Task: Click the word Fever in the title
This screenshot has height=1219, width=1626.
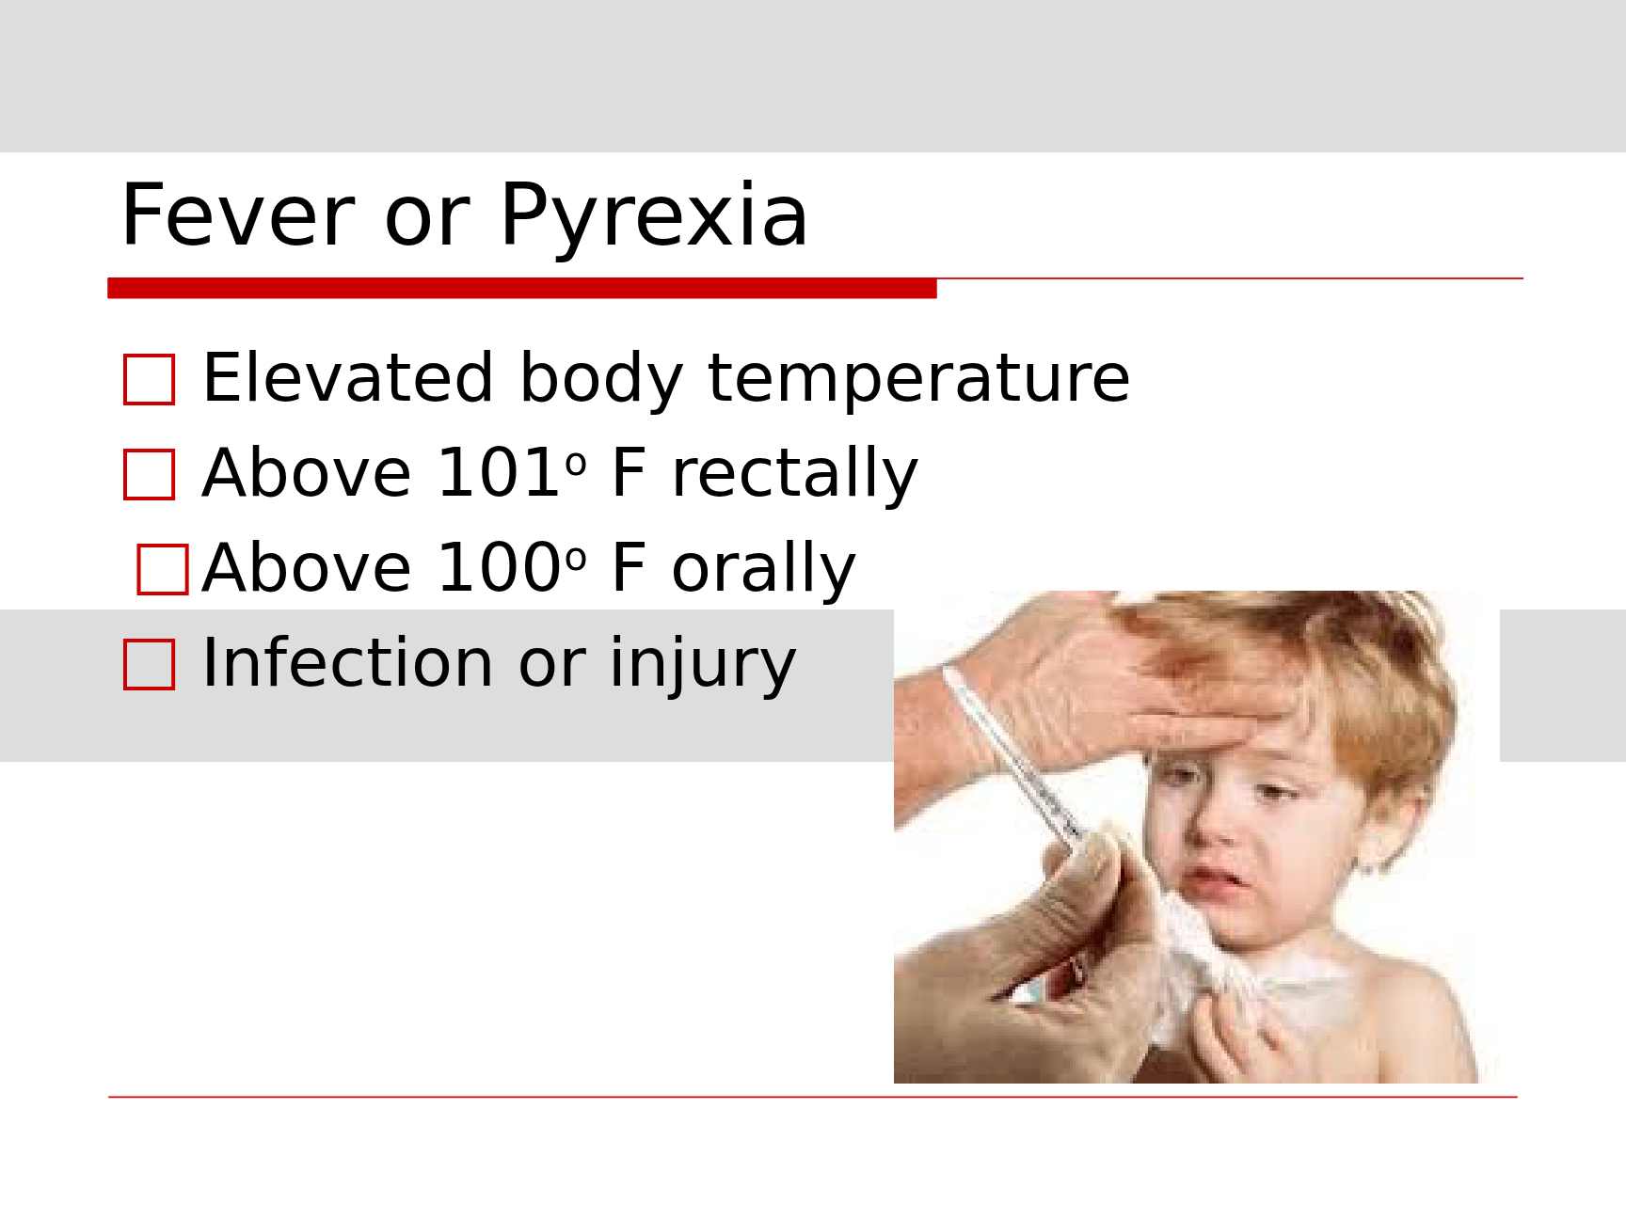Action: point(238,215)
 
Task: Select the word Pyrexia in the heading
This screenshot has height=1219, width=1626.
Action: point(654,217)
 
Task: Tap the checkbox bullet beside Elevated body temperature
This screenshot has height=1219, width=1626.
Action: point(150,379)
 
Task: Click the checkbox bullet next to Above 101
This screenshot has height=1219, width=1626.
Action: point(150,474)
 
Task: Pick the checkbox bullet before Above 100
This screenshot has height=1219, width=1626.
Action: point(163,569)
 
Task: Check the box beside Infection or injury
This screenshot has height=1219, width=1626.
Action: point(150,664)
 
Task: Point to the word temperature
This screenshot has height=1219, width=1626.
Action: point(918,380)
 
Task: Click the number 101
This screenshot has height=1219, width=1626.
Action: point(499,472)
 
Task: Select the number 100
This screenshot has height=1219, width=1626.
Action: point(499,567)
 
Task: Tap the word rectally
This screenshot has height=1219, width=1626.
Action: point(794,474)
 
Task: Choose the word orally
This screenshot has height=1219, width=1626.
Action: point(763,569)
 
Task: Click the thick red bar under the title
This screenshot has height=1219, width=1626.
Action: point(522,289)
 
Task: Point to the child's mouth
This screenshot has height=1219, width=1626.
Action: point(1214,882)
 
